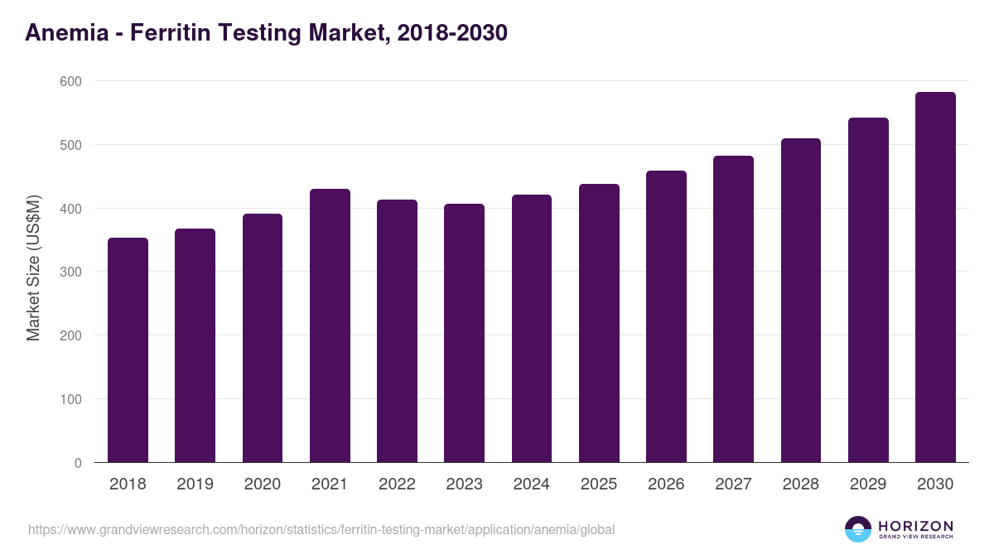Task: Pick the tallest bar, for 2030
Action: (935, 277)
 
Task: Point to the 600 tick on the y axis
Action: (70, 81)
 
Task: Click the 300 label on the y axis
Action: (70, 272)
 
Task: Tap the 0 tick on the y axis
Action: (78, 463)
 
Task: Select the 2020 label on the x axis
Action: (262, 484)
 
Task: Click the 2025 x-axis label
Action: (599, 484)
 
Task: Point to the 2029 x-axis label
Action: (868, 484)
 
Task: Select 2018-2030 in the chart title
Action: (451, 33)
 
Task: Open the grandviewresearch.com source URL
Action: (321, 529)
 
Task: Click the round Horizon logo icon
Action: (858, 529)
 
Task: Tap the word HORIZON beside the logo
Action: (915, 526)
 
